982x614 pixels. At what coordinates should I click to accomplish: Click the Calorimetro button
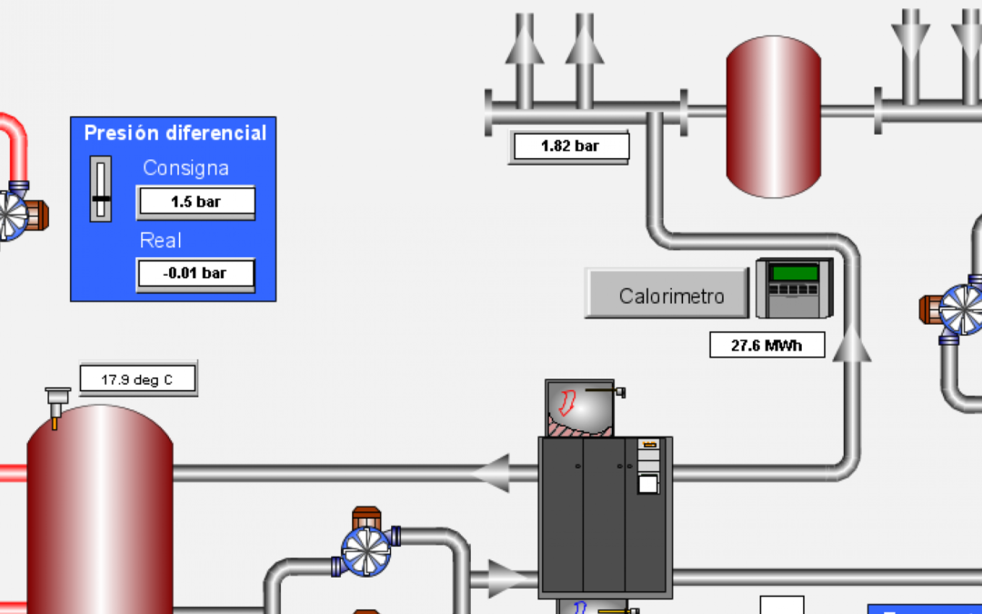671,295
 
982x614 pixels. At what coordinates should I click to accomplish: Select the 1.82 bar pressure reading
569,146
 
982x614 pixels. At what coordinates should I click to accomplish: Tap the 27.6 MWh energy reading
767,346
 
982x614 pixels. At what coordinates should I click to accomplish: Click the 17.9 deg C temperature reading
137,379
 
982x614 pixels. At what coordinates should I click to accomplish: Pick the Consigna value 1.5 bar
195,202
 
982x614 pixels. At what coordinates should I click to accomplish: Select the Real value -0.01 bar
195,273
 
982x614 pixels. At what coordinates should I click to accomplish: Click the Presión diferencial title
175,133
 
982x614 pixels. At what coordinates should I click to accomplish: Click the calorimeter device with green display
794,288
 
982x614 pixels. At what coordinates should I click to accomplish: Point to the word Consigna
185,168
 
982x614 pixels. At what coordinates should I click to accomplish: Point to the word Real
161,241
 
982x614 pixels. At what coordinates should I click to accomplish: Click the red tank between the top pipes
773,116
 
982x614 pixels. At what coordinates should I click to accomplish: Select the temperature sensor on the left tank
56,403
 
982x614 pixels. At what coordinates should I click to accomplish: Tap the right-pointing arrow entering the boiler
506,577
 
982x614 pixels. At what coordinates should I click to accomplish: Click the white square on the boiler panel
647,484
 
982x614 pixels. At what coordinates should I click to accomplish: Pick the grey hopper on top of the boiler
580,408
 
